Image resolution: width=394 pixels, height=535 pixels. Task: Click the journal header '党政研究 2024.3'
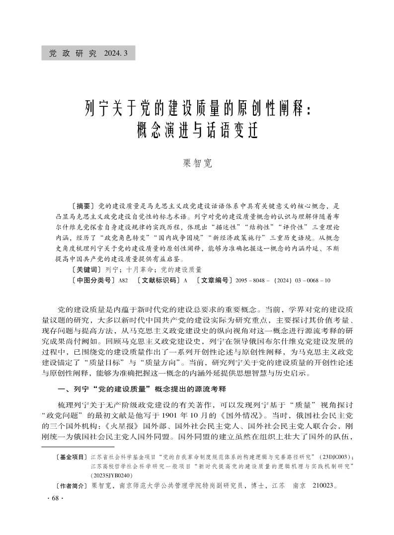pos(88,53)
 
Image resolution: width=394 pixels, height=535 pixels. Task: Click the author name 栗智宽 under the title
pos(197,163)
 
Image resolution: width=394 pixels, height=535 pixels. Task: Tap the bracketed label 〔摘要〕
pos(83,205)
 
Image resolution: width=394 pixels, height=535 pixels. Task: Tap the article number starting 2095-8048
pos(282,281)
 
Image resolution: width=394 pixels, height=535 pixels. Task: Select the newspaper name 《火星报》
pos(127,426)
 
